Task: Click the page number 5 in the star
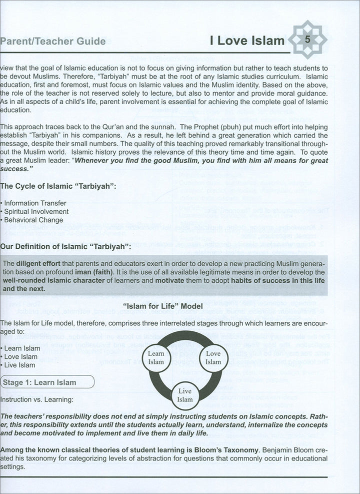point(308,39)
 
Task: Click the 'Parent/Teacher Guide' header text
point(53,41)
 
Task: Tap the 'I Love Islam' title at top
point(247,40)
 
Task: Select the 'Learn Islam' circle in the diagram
point(156,357)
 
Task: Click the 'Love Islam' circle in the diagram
point(213,357)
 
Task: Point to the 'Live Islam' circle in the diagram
point(184,395)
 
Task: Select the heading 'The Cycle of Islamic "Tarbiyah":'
point(58,187)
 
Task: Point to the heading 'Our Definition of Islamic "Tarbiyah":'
point(66,246)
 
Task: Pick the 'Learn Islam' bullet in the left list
point(22,348)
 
